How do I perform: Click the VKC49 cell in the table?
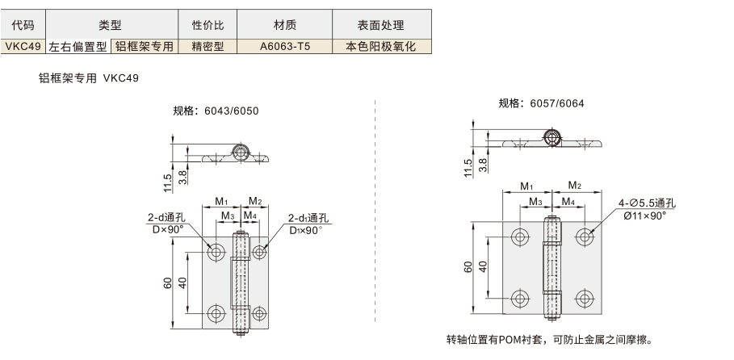click(x=23, y=46)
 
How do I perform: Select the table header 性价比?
click(x=208, y=25)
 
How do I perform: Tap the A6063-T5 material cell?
click(x=284, y=46)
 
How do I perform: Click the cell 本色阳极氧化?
click(x=381, y=46)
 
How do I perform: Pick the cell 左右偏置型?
click(x=78, y=46)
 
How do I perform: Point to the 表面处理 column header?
click(x=381, y=25)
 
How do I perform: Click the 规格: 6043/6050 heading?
click(x=216, y=111)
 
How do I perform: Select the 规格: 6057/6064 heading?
click(x=541, y=103)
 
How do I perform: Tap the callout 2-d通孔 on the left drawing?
click(x=166, y=218)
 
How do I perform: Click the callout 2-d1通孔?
click(x=308, y=218)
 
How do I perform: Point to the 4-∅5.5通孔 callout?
click(x=648, y=203)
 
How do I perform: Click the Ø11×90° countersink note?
click(x=644, y=216)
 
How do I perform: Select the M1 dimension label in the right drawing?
click(x=527, y=186)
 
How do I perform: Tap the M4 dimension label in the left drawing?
click(x=250, y=216)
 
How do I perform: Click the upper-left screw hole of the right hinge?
click(x=519, y=237)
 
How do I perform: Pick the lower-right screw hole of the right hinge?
click(x=584, y=298)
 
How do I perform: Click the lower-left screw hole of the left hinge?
click(x=216, y=314)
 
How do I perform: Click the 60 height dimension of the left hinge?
click(x=168, y=283)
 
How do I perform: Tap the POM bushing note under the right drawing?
click(x=549, y=339)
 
